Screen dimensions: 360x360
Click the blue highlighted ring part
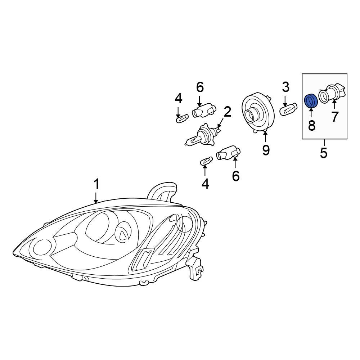coord(310,101)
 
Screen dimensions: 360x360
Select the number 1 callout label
coord(96,184)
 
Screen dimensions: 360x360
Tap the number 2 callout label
coord(227,113)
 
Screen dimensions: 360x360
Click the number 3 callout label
coord(285,87)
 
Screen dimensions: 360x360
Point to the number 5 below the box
coord(324,153)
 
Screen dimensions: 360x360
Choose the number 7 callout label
coord(335,117)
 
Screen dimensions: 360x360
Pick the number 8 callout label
coord(312,125)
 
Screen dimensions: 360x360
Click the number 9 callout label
coord(266,150)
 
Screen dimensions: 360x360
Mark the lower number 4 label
coord(205,184)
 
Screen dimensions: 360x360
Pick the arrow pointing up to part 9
coord(265,137)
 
